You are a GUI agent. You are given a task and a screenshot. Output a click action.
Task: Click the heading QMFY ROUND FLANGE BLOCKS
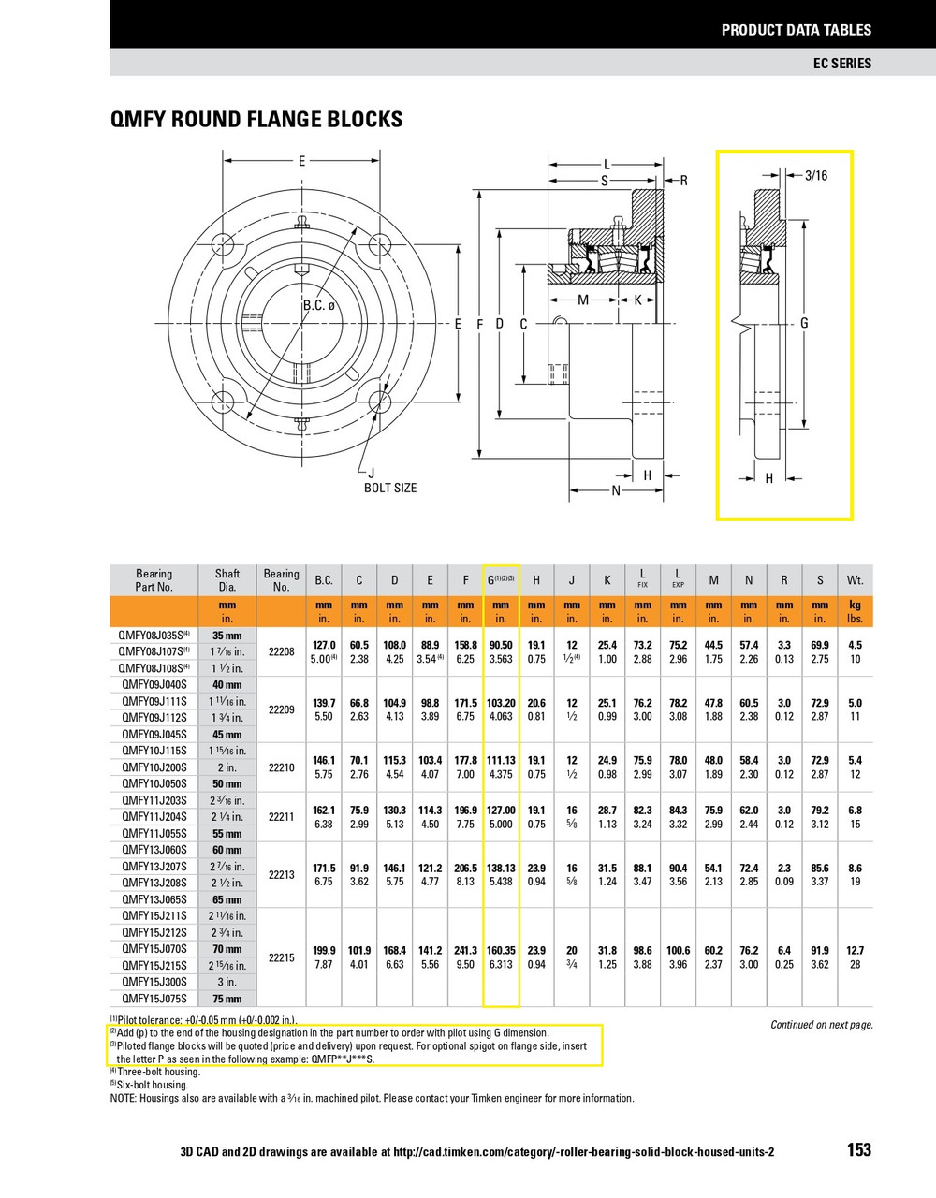tap(256, 120)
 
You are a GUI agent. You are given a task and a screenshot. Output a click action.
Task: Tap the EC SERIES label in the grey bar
tap(841, 63)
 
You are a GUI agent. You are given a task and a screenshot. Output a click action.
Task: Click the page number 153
tap(858, 1149)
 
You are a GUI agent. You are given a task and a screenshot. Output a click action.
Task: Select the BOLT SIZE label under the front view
tap(390, 488)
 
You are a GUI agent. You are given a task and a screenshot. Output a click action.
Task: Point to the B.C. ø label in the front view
tap(318, 306)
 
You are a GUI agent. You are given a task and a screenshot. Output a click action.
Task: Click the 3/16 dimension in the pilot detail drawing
tap(816, 175)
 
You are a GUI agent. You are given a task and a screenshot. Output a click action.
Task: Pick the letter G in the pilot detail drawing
tap(804, 323)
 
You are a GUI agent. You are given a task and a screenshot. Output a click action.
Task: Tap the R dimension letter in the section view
tap(683, 181)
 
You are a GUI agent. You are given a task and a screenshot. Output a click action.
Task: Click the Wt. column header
tap(855, 580)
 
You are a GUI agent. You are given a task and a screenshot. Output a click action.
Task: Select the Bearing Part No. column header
tap(154, 580)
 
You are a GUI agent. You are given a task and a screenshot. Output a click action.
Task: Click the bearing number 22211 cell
tap(281, 817)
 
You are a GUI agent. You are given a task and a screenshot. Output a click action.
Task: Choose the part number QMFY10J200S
tap(154, 767)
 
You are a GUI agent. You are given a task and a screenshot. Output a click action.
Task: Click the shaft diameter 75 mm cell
tap(227, 999)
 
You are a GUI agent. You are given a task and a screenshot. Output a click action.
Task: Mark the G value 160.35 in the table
tap(501, 950)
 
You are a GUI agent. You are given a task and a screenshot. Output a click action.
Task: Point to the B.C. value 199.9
tap(323, 950)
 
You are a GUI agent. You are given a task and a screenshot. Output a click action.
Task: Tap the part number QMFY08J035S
tap(154, 636)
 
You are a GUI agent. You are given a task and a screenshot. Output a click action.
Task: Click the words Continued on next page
tap(821, 1025)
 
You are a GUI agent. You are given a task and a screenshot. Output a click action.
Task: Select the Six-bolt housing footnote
tap(150, 1085)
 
